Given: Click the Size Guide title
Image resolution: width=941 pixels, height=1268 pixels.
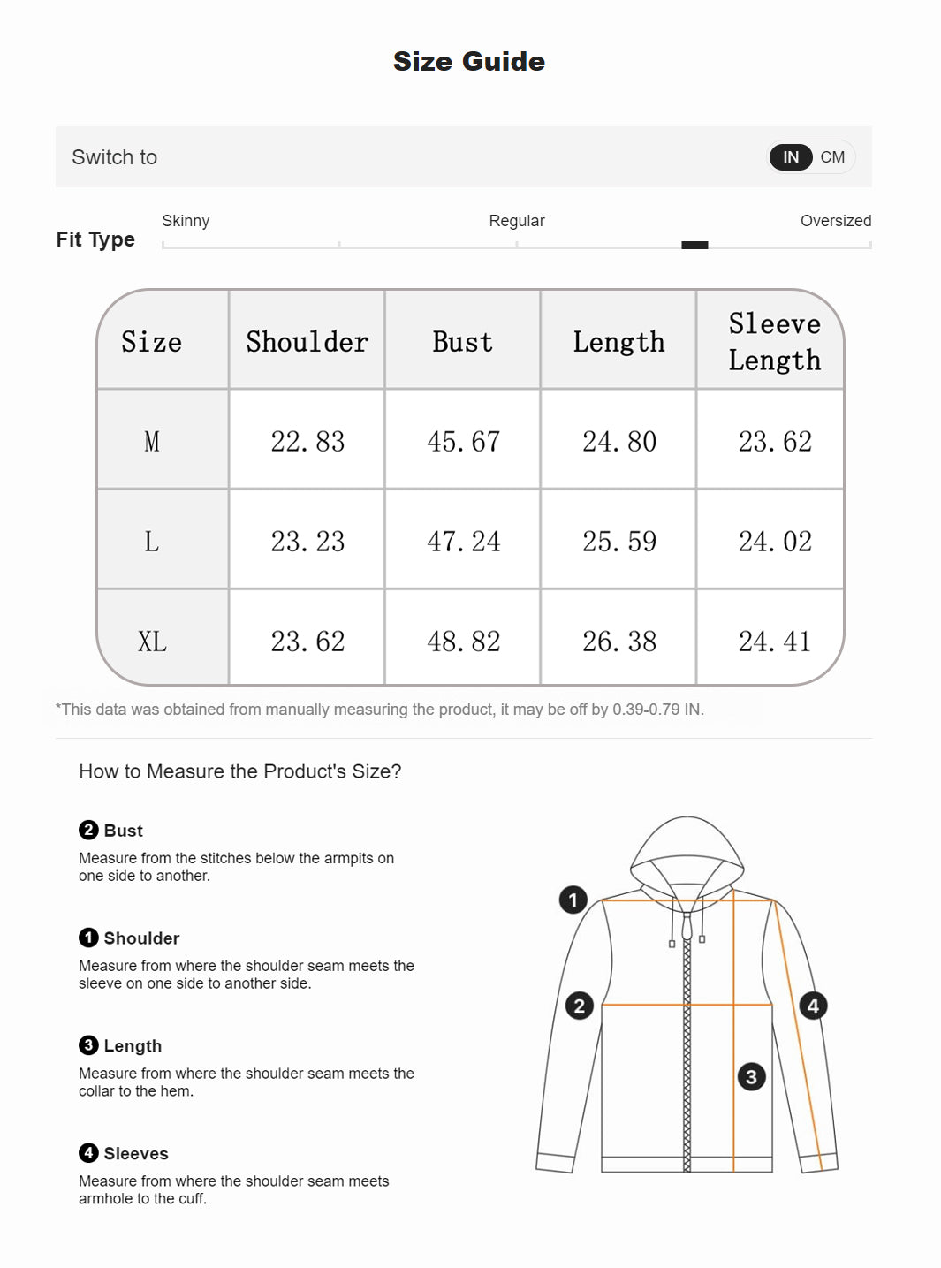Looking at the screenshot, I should (469, 61).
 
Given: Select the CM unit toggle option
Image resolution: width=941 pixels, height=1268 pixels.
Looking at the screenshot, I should (832, 157).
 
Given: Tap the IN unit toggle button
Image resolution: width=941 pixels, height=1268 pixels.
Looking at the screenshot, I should (791, 157).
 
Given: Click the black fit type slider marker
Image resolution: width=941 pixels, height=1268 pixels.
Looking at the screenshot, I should (694, 245).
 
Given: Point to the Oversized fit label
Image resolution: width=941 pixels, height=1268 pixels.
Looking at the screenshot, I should (835, 221).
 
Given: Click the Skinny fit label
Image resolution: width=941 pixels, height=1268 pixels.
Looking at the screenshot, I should (186, 221).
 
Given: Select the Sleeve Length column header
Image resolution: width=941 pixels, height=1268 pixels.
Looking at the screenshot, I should (774, 342).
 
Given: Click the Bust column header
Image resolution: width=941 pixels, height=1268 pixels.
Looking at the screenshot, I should (462, 342).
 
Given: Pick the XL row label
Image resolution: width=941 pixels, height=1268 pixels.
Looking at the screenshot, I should (152, 642).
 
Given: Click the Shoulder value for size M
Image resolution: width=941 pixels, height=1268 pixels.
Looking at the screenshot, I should (307, 441).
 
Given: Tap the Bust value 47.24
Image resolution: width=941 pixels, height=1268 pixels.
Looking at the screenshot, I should (463, 541).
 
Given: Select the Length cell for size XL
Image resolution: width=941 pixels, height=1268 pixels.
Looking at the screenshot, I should (618, 642).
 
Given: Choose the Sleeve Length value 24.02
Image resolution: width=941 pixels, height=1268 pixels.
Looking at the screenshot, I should (775, 541).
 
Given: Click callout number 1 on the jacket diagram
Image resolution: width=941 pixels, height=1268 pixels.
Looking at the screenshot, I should (573, 900).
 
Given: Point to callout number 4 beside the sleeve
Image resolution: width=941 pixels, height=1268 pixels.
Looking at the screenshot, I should (813, 1006).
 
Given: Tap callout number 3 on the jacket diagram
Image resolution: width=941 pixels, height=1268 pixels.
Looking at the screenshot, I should (751, 1076).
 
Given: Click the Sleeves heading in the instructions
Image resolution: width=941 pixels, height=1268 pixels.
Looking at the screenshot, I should (136, 1153).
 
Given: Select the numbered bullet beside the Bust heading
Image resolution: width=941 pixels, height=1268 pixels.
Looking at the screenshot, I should (88, 830).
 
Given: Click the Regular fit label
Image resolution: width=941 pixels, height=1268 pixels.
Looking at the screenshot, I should (517, 221).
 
